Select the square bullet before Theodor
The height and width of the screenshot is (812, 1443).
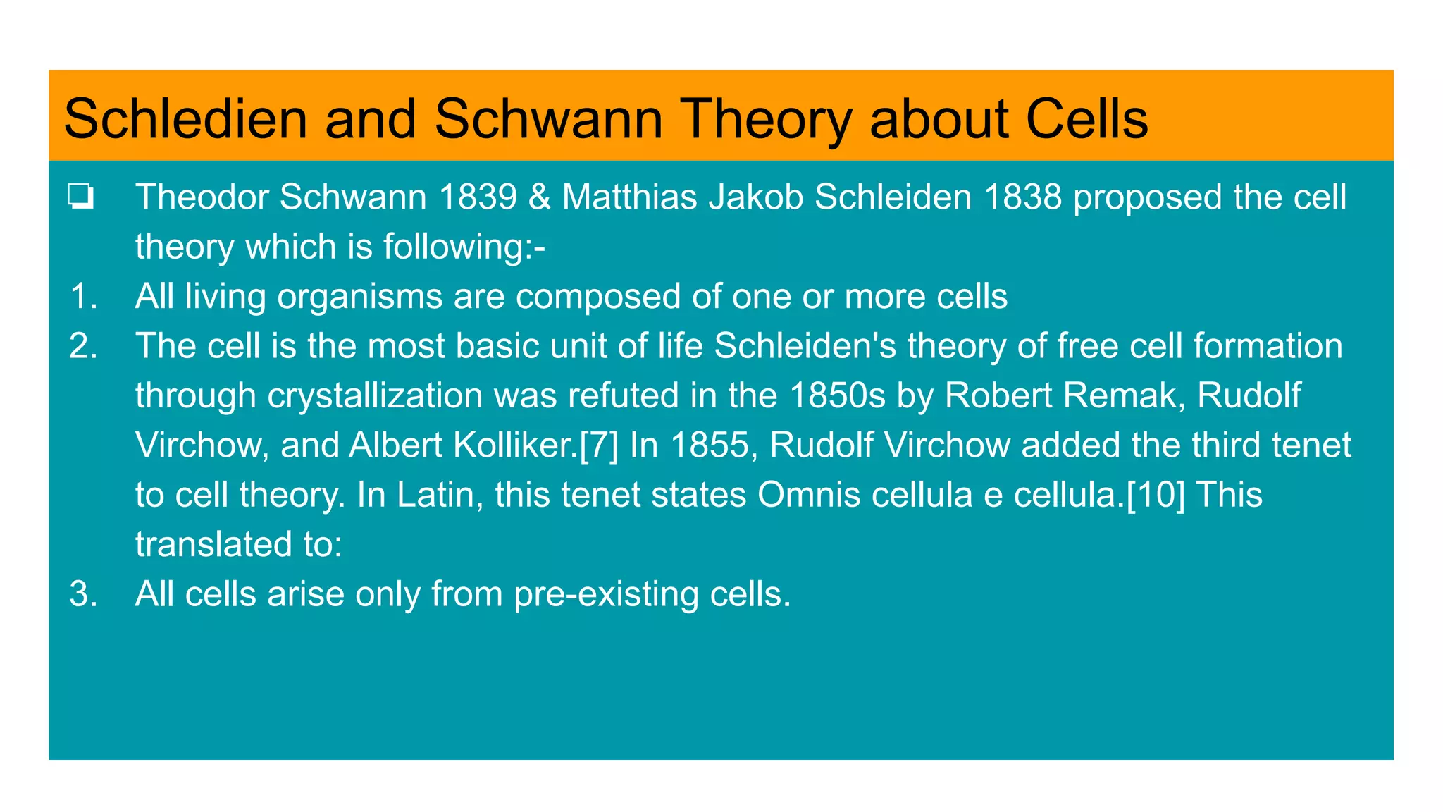point(81,197)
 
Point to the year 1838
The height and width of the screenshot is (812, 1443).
point(1022,197)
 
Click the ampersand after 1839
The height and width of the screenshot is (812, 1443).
point(539,197)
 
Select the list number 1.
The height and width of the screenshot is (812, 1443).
point(83,296)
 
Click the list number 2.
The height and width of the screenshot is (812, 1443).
point(83,346)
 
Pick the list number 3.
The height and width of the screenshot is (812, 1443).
point(83,594)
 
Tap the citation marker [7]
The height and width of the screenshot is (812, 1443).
point(598,445)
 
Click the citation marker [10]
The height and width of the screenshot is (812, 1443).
point(1156,495)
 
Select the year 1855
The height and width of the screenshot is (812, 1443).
point(710,445)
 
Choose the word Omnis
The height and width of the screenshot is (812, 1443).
point(809,495)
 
